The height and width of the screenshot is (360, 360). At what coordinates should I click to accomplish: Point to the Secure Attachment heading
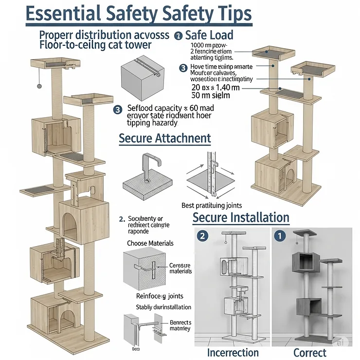(165, 138)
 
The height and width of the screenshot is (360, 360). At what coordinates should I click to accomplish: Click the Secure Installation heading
(241, 216)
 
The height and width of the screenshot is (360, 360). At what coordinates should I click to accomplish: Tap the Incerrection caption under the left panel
(233, 352)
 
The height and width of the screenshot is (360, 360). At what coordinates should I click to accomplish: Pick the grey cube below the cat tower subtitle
(139, 75)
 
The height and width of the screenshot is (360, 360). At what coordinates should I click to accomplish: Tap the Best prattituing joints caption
(211, 205)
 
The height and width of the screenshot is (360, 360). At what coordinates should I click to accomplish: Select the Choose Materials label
(150, 243)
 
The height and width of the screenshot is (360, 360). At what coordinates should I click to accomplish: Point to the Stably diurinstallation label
(162, 307)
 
